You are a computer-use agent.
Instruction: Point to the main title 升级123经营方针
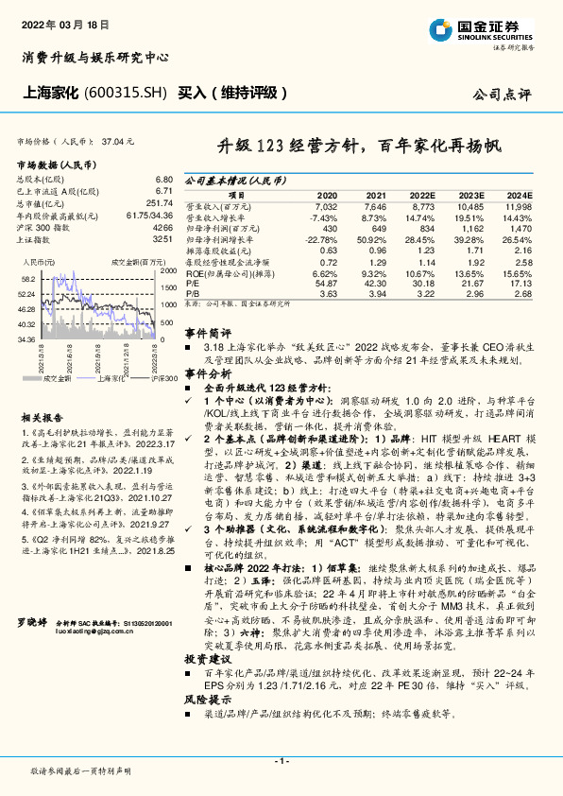[x=362, y=147]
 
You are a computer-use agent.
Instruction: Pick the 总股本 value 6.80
[x=163, y=179]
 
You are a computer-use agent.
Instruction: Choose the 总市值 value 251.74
[x=160, y=203]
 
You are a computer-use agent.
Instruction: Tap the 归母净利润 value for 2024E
[x=519, y=230]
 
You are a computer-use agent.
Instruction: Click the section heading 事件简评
[x=206, y=334]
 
